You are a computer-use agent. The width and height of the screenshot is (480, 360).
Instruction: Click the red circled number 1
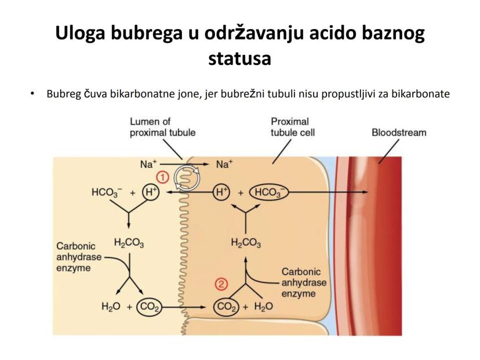tap(163, 177)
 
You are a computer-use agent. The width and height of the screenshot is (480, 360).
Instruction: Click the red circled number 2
tap(221, 284)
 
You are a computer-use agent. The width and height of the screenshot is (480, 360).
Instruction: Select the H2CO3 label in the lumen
tap(129, 243)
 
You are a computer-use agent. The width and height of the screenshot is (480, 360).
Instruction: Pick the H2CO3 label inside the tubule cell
tap(246, 243)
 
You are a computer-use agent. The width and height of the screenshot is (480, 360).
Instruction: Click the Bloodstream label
tap(399, 133)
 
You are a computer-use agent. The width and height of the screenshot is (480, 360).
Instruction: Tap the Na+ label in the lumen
tap(148, 165)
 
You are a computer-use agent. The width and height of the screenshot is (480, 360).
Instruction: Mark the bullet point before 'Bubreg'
tap(33, 94)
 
